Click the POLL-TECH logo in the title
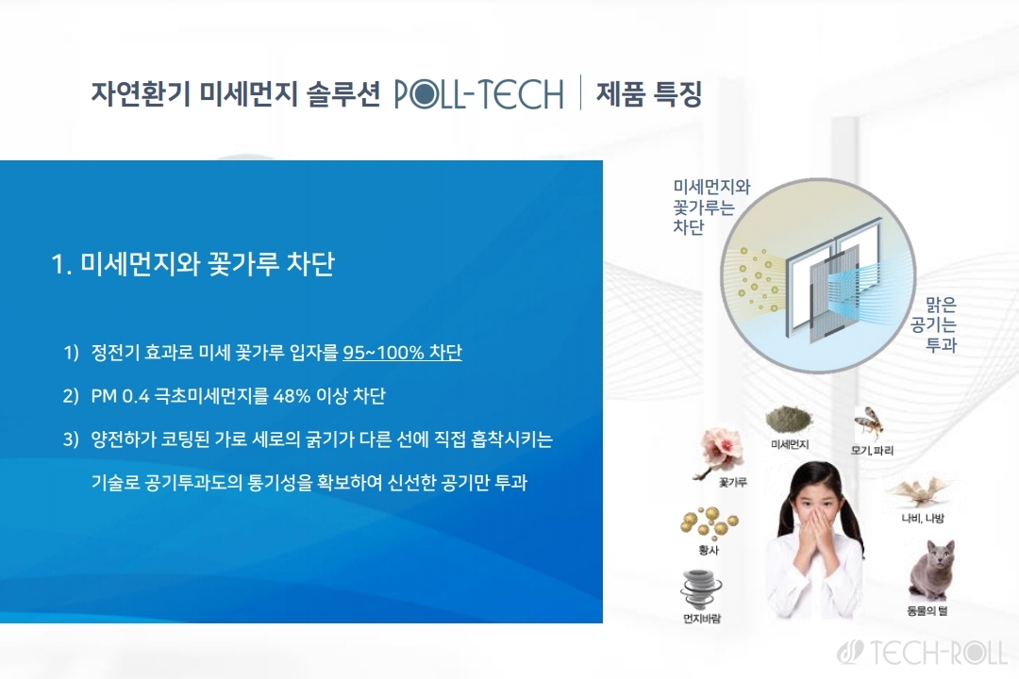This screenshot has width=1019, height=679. tap(479, 93)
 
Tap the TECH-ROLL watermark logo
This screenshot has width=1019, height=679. tap(922, 653)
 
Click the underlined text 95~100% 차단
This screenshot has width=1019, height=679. tap(402, 352)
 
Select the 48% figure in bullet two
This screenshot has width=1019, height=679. tap(292, 396)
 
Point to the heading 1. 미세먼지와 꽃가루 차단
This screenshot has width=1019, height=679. tap(192, 264)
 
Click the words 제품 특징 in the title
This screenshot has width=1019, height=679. tap(649, 93)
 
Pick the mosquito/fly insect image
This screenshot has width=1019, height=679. tap(869, 423)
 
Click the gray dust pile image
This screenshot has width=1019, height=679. tap(789, 420)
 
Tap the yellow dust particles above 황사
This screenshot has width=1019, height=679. tap(709, 523)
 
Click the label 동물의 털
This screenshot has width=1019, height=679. tap(927, 611)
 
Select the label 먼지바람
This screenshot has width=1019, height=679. tap(702, 619)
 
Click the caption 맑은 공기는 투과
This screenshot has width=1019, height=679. tap(934, 324)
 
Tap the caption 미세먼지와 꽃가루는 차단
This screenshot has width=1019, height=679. tap(711, 207)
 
